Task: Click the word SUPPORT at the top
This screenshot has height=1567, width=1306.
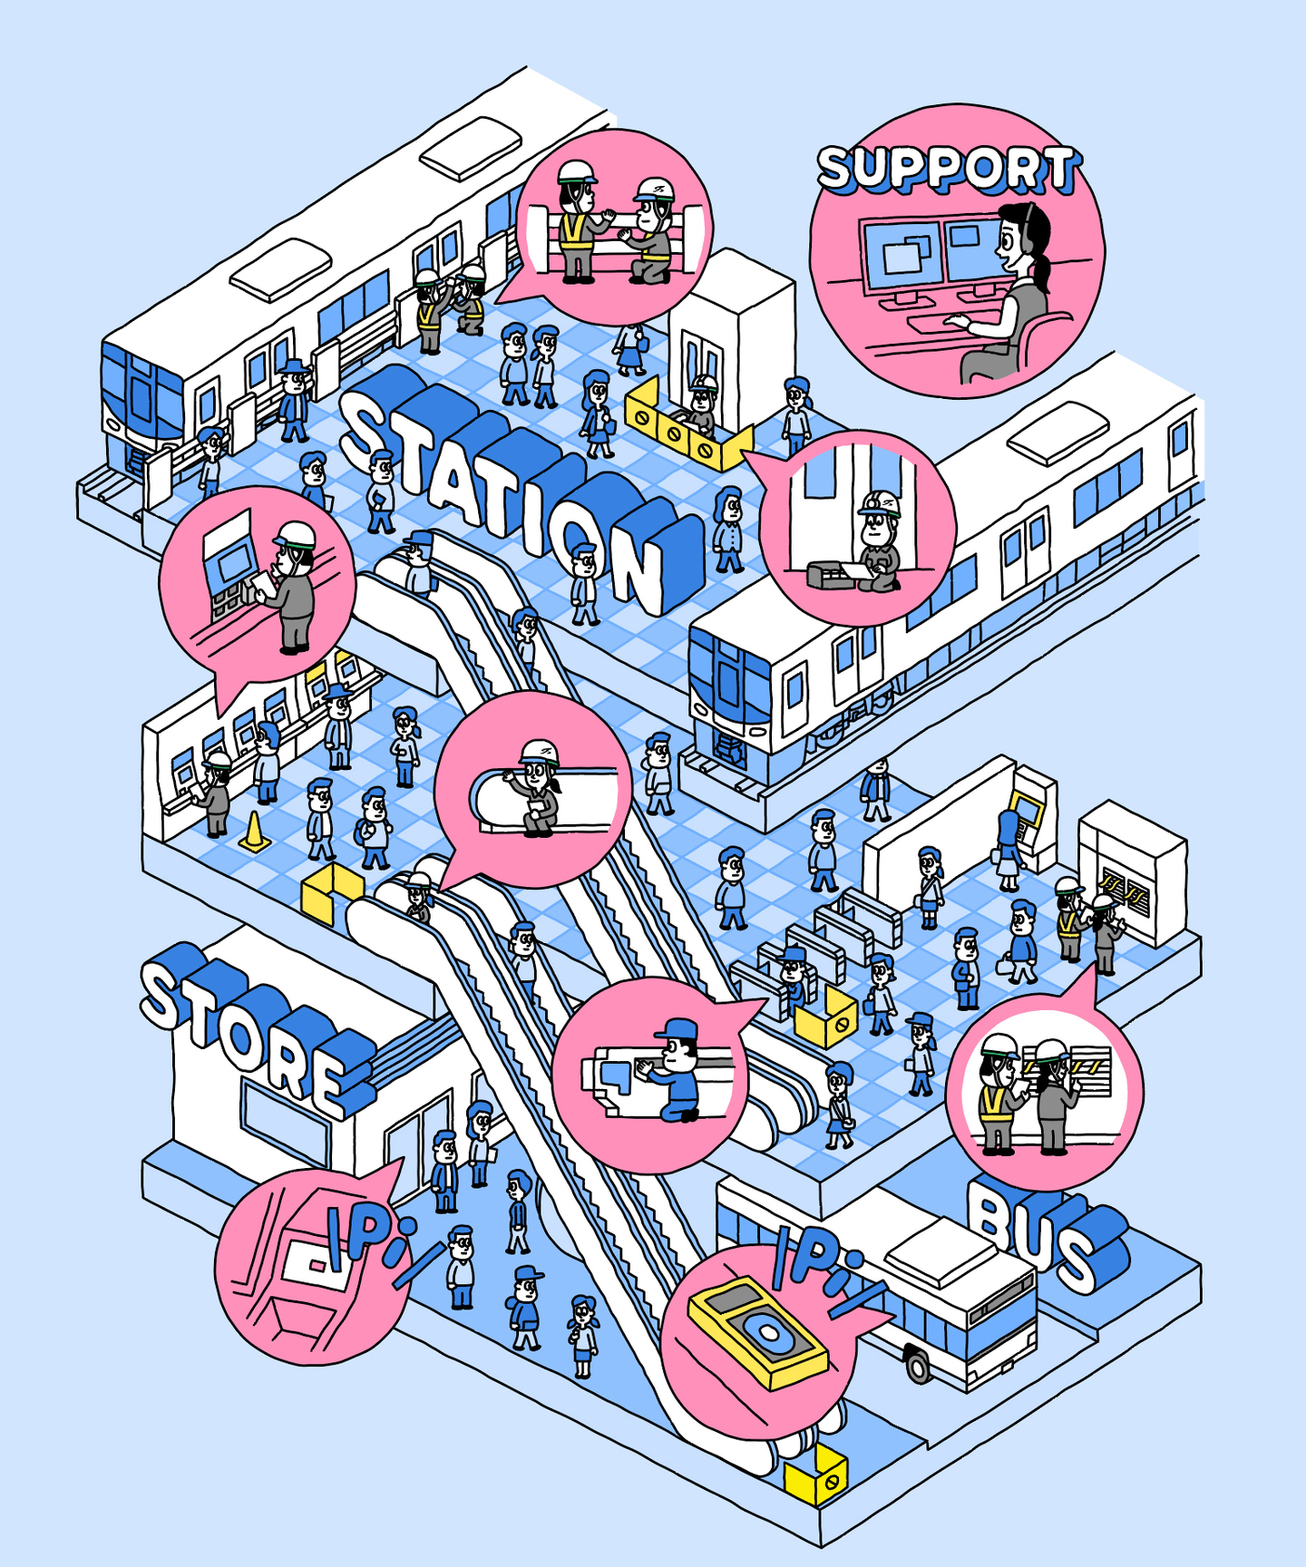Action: (948, 170)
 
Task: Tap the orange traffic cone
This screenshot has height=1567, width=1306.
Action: (254, 832)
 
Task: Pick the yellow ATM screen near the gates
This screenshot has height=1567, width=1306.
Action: (1026, 806)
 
